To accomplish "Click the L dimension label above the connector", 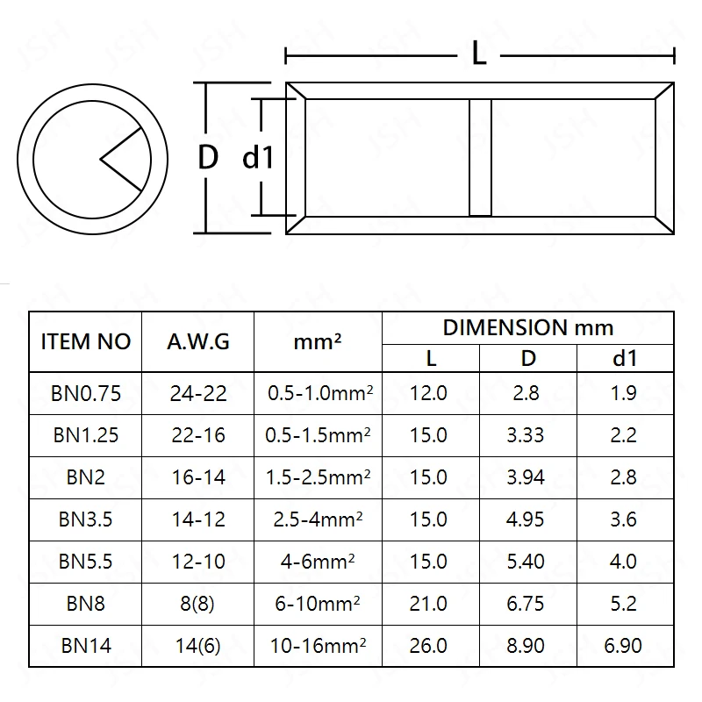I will pyautogui.click(x=479, y=54).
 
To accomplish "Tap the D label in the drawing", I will pyautogui.click(x=207, y=158).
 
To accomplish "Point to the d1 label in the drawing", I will pyautogui.click(x=258, y=158).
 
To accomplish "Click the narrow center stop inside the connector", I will pyautogui.click(x=480, y=157).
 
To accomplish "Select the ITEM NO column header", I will pyautogui.click(x=85, y=341).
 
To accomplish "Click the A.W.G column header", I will pyautogui.click(x=198, y=341).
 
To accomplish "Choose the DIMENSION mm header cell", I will pyautogui.click(x=527, y=328).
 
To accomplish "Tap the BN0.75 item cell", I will pyautogui.click(x=85, y=393).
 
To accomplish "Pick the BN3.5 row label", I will pyautogui.click(x=85, y=519).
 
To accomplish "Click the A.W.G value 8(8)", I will pyautogui.click(x=198, y=604).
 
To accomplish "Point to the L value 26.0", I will pyautogui.click(x=429, y=646).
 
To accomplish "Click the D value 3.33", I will pyautogui.click(x=526, y=435).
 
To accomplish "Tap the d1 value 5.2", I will pyautogui.click(x=623, y=604).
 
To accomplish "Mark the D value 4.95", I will pyautogui.click(x=526, y=519).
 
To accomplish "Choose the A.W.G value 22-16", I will pyautogui.click(x=198, y=435).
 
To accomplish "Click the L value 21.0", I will pyautogui.click(x=429, y=604).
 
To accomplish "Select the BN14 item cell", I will pyautogui.click(x=85, y=646).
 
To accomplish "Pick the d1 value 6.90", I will pyautogui.click(x=623, y=646).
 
